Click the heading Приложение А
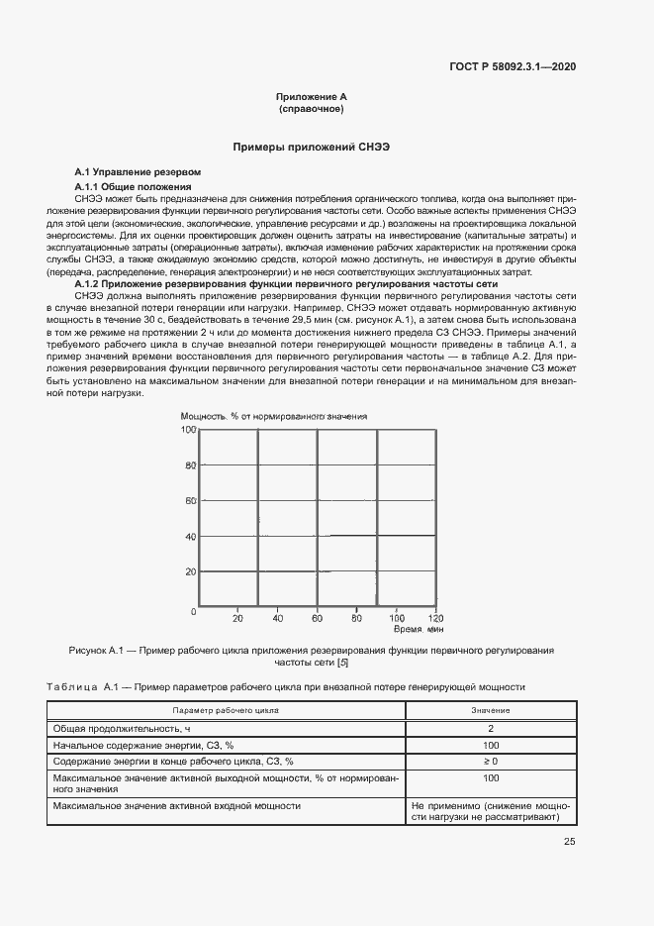click(312, 97)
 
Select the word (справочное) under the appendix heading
click(312, 109)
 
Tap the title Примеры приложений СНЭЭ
click(312, 147)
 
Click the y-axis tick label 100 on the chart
click(187, 430)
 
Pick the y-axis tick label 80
click(190, 465)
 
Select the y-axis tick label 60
click(190, 501)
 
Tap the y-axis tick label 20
click(190, 572)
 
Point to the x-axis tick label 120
click(434, 619)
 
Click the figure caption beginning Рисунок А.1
click(312, 657)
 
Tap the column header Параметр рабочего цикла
click(226, 710)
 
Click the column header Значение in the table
click(491, 710)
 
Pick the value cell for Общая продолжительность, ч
click(491, 728)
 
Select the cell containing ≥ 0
click(491, 762)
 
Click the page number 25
click(569, 842)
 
